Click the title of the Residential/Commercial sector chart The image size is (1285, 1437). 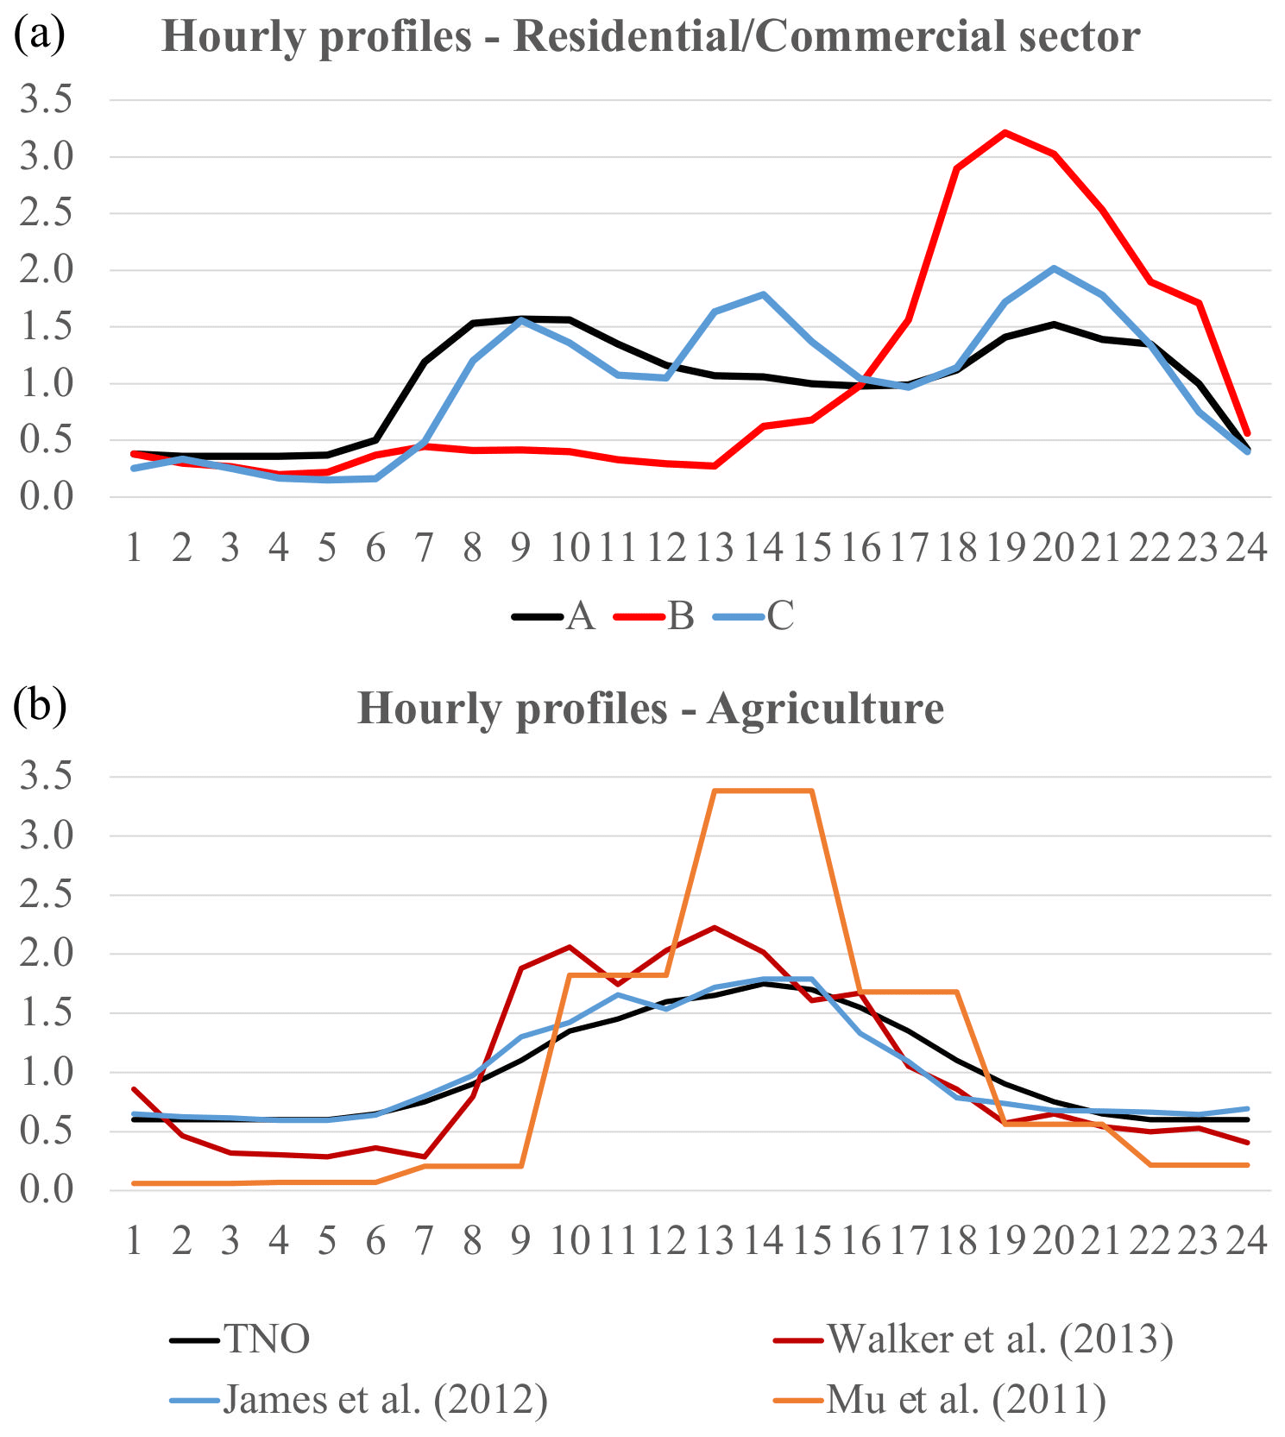coord(651,37)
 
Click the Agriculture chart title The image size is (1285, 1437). coord(651,709)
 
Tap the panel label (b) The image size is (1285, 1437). coord(40,706)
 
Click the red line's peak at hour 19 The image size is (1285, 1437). coord(1005,133)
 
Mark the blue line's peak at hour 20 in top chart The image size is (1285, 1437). coord(1054,268)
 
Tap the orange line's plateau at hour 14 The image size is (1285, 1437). coord(763,791)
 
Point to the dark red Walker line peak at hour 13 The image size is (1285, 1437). coord(715,928)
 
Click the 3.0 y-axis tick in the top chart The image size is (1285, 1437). coord(47,157)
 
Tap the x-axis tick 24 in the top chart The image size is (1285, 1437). coord(1247,548)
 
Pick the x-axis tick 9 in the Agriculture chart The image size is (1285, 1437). coord(520,1241)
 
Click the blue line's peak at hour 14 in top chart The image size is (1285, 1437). coord(763,294)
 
